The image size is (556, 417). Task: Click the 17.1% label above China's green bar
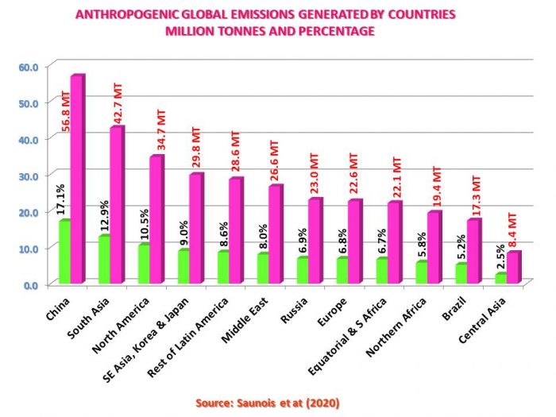pyautogui.click(x=62, y=196)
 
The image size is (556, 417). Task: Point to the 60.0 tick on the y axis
pyautogui.click(x=29, y=66)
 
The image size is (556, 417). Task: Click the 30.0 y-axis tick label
pyautogui.click(x=29, y=175)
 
